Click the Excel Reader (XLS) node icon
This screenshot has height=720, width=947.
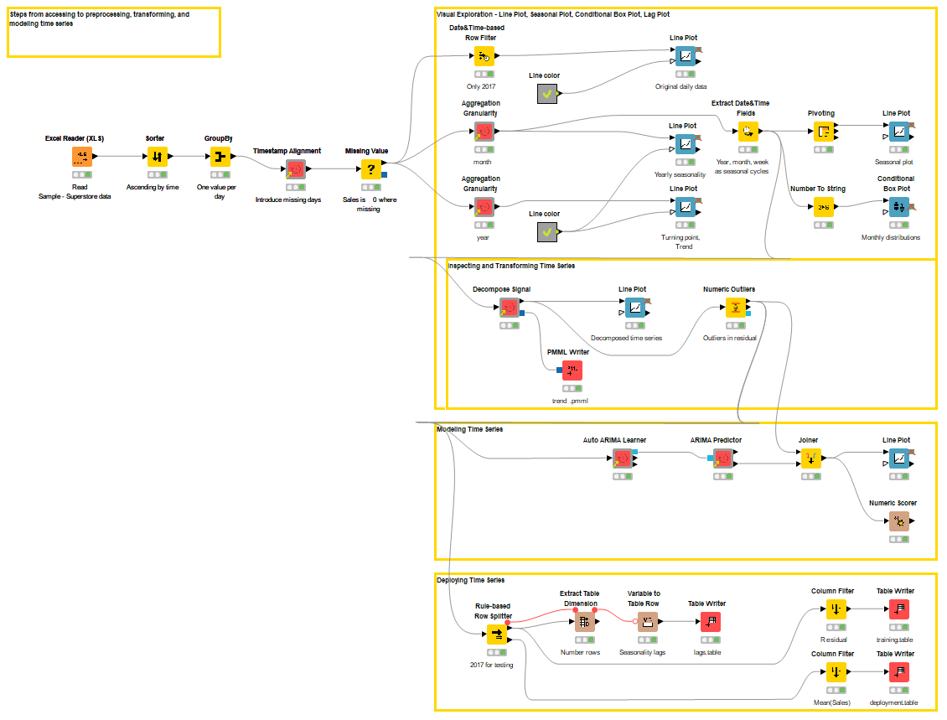[81, 157]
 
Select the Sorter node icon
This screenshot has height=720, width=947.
[158, 157]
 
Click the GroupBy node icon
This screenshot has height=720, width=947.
[220, 157]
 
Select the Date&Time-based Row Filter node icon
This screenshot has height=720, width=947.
[484, 57]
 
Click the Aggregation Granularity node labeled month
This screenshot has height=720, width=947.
[484, 132]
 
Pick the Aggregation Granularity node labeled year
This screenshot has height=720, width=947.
[484, 208]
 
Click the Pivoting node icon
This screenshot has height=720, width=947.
[824, 132]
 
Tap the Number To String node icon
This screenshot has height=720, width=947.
[824, 208]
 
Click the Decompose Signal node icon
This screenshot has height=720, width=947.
[510, 308]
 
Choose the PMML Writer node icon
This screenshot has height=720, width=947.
[572, 370]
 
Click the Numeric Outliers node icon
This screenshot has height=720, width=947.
[735, 308]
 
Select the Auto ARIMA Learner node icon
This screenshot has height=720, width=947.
[622, 458]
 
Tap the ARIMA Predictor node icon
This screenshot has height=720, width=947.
[722, 458]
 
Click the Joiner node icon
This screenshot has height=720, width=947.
[810, 458]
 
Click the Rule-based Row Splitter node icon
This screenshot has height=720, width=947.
[497, 635]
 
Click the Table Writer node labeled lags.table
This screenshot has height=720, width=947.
[710, 622]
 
